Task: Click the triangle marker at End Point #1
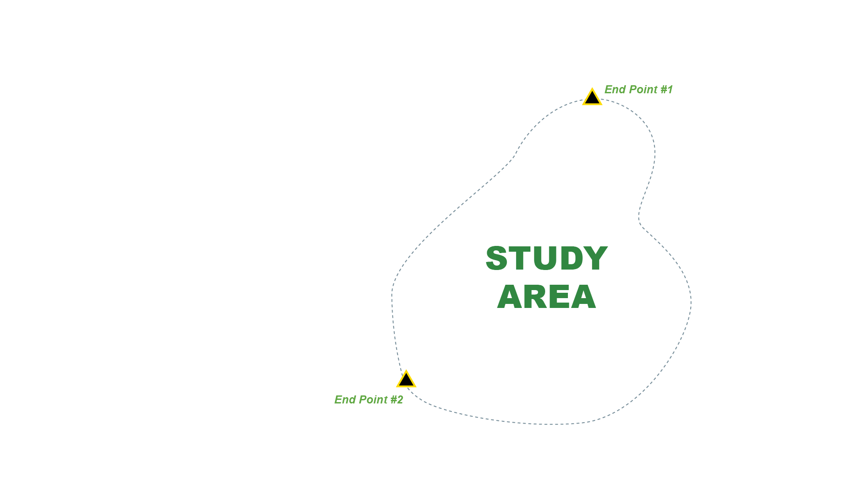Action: (592, 98)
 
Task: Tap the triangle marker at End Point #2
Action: (406, 380)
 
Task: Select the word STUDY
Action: (546, 258)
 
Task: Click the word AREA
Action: (546, 297)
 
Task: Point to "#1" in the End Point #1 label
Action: (667, 90)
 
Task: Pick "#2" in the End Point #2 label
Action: (397, 400)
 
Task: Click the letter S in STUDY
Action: (496, 258)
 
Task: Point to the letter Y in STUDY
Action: (596, 258)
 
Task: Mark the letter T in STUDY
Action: (520, 258)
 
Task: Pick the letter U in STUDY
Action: (545, 259)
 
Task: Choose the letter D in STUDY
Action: (571, 258)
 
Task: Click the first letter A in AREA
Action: (510, 297)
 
